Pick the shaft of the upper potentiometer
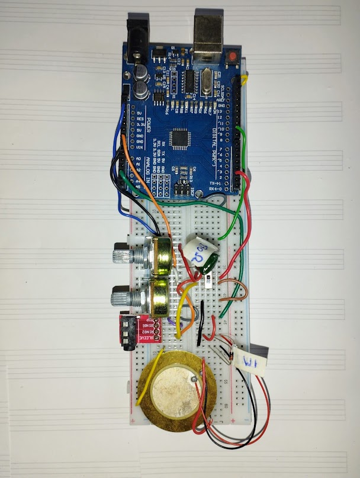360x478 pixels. tap(122, 256)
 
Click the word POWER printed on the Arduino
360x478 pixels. tap(149, 128)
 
